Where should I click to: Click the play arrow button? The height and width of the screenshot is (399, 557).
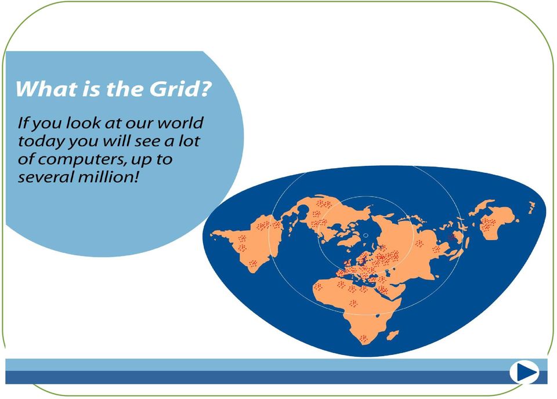[525, 372]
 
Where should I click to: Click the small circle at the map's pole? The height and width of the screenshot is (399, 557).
[366, 235]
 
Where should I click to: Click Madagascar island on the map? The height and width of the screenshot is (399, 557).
[393, 335]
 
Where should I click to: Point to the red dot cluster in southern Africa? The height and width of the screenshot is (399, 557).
[363, 338]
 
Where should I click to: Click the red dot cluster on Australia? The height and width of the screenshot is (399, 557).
[488, 224]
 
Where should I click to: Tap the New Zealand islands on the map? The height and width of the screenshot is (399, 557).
[531, 207]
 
